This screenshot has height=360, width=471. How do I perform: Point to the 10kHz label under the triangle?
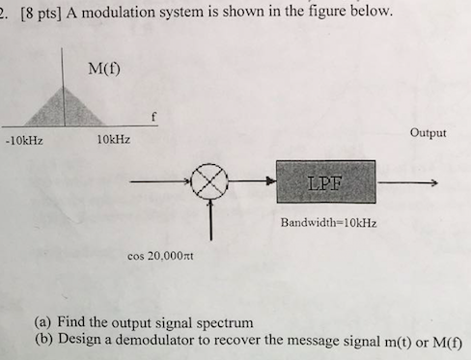coord(113,140)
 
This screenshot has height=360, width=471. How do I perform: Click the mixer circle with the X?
coord(211,181)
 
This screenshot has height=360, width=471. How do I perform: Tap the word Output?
coord(428,132)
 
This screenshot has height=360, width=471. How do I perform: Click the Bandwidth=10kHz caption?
coord(328,222)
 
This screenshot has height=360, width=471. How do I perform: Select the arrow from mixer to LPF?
coord(253,181)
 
